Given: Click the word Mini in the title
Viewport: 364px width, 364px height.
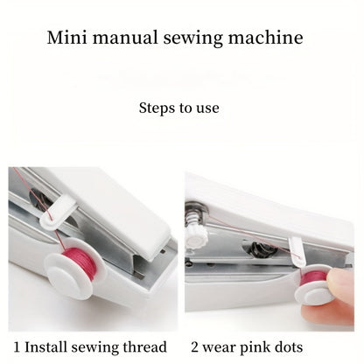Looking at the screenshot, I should tap(66, 38).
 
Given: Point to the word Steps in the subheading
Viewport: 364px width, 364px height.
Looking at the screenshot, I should tap(157, 108).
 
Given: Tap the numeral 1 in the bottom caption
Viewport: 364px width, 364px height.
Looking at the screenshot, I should tap(12, 347).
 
